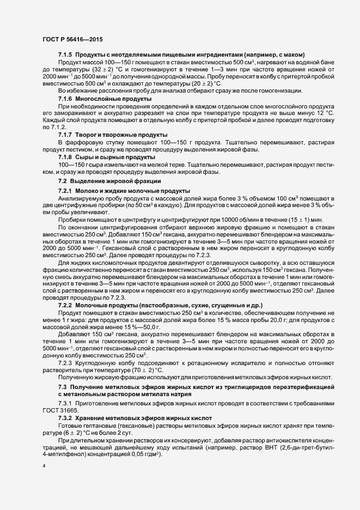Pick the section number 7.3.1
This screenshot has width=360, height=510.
[x=65, y=402]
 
